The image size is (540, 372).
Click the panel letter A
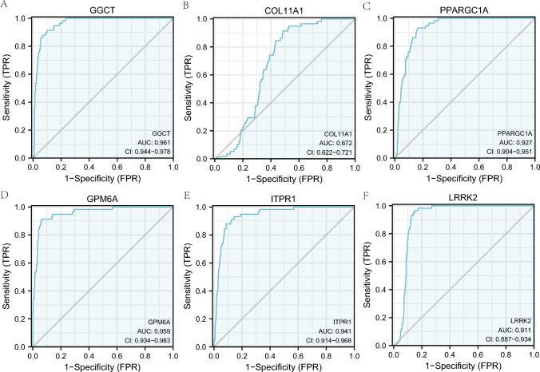6,6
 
